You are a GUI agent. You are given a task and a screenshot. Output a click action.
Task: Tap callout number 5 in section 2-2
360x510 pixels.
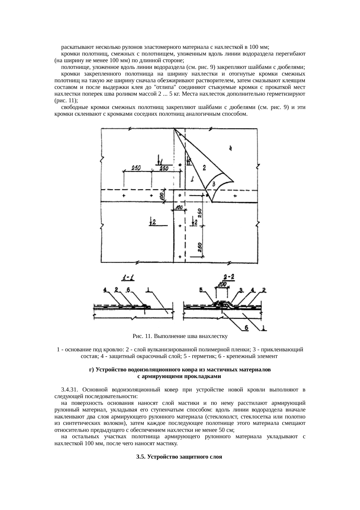click(202, 290)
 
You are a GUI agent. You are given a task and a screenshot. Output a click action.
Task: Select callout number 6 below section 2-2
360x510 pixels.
click(246, 328)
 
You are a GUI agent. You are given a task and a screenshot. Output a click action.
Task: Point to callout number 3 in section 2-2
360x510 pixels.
click(241, 290)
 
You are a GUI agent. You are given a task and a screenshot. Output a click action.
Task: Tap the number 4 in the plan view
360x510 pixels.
click(230, 148)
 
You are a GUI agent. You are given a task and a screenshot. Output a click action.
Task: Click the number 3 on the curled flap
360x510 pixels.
click(213, 184)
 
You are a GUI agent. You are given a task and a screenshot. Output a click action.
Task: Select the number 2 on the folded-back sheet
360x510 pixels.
click(204, 168)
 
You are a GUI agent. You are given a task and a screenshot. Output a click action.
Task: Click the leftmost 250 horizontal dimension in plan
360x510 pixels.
click(136, 168)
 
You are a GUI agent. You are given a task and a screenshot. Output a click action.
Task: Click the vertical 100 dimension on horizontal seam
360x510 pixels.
click(162, 196)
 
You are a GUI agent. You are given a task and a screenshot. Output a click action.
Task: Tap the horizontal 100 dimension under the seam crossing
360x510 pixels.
click(179, 207)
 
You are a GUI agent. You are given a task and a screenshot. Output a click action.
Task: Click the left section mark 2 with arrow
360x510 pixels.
click(153, 222)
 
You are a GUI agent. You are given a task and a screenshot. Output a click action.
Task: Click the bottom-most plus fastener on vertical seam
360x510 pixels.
click(180, 257)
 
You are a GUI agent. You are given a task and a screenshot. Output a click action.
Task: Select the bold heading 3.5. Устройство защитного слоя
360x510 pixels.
click(179, 457)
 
